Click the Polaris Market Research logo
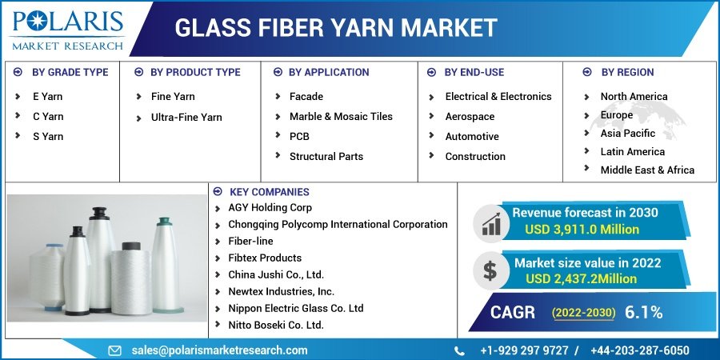68,30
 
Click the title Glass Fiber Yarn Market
336,27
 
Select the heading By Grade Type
70,73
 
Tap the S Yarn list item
48,136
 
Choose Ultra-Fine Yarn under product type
186,118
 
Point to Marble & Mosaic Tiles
341,117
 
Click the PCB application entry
299,137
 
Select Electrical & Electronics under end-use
498,97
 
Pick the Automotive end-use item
471,136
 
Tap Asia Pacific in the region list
628,133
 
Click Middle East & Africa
647,170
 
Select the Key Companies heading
270,192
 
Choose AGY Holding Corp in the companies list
270,207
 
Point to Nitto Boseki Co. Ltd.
276,325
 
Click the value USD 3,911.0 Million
582,229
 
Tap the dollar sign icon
490,270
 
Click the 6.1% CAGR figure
643,312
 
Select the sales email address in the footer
219,350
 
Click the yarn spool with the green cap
166,266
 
